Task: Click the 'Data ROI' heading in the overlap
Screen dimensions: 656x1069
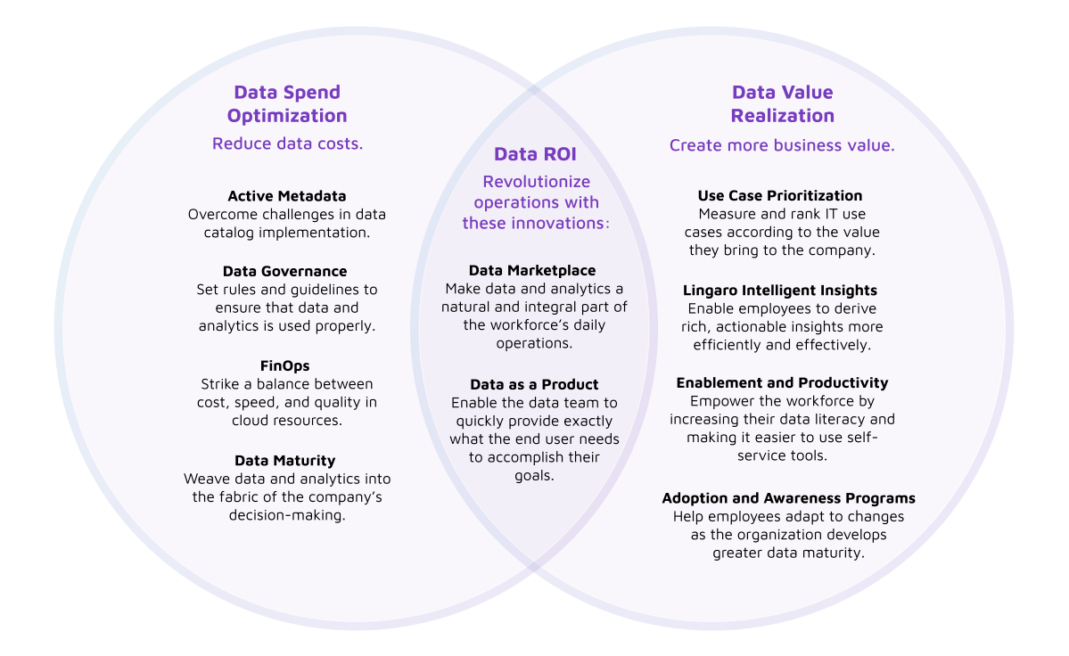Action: pos(535,154)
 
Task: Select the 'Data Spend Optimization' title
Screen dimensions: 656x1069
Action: pos(287,103)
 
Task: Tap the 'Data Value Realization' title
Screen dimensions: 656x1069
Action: pos(782,103)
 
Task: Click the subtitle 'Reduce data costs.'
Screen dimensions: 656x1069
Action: pos(287,143)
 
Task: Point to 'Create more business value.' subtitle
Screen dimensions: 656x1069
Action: pos(782,145)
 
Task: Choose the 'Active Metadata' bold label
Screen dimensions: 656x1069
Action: pos(287,196)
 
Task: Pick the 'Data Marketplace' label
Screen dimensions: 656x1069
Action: pos(532,270)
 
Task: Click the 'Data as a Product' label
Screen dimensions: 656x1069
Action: pos(534,384)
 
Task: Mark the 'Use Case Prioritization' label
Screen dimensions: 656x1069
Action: pos(780,195)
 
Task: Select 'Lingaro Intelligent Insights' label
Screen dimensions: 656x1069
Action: pos(780,290)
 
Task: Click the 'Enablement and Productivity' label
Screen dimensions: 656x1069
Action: pos(782,382)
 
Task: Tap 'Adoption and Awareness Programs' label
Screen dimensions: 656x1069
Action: pos(788,498)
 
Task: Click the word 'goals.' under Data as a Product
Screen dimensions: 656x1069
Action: pos(534,476)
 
